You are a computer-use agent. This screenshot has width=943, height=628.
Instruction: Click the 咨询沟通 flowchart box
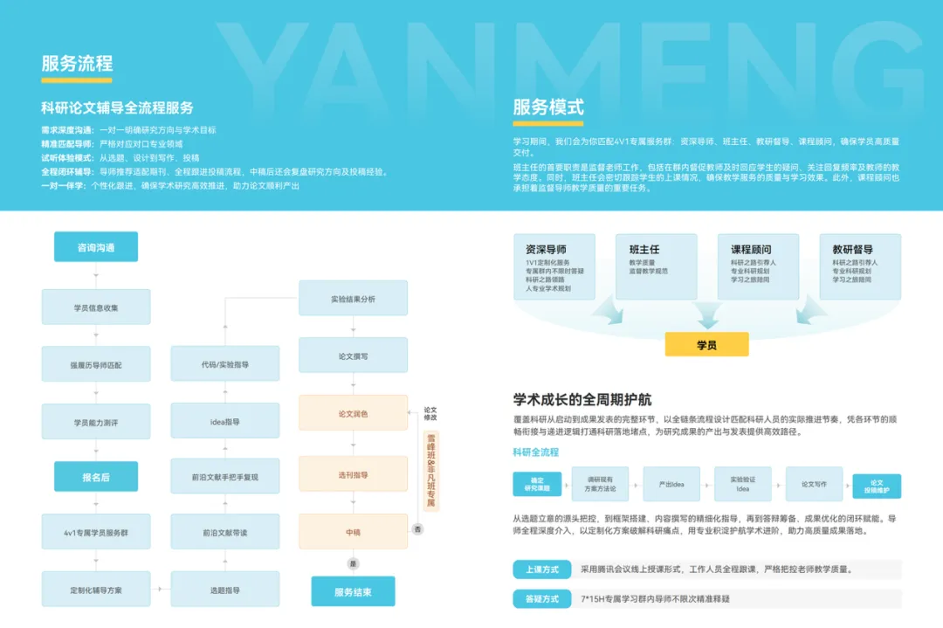[x=96, y=247]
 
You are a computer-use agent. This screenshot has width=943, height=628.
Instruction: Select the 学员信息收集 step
[x=96, y=307]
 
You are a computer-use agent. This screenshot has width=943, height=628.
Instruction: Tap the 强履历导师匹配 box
[x=96, y=363]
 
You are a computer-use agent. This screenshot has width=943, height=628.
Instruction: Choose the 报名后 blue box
[x=96, y=477]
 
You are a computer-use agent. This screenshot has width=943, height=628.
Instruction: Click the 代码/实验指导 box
[x=224, y=363]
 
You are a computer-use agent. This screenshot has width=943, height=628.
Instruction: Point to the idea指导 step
[x=224, y=421]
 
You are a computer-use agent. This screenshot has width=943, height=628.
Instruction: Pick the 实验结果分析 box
[x=353, y=299]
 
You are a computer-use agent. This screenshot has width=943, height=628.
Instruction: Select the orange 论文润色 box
[x=353, y=413]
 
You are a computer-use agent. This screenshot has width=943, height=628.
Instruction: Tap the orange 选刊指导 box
[x=353, y=474]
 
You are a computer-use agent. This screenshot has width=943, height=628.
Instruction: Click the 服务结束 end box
[x=353, y=591]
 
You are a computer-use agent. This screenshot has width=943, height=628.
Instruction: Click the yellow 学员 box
[x=706, y=345]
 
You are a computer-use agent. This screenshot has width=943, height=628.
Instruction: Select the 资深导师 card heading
[x=547, y=249]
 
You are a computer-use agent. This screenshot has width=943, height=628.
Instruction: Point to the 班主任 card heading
[x=644, y=249]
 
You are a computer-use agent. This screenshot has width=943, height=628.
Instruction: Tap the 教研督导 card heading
[x=852, y=249]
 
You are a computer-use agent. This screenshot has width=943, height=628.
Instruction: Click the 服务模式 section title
[x=548, y=107]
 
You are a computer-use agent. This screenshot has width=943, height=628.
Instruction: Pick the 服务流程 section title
[x=77, y=64]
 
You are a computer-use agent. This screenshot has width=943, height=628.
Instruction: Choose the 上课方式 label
[x=542, y=569]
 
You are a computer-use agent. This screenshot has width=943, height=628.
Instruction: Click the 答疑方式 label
[x=542, y=599]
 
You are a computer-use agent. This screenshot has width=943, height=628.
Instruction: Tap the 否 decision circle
[x=417, y=528]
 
